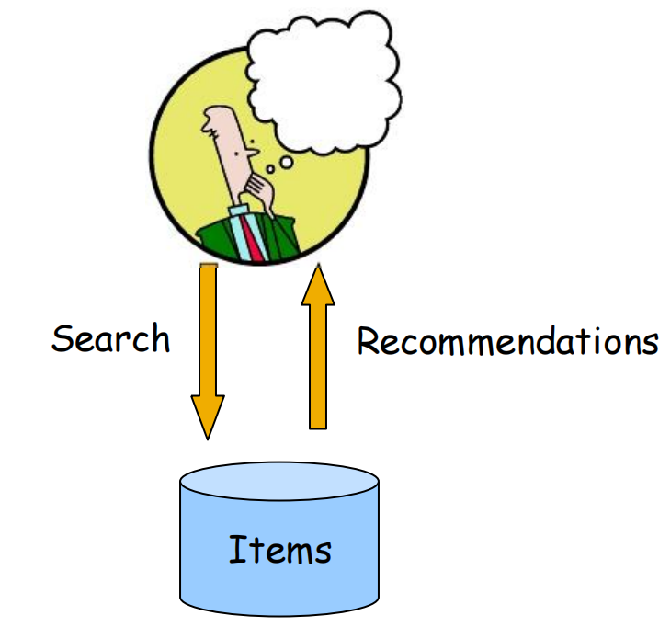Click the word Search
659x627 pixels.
point(110,339)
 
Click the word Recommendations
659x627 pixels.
point(507,342)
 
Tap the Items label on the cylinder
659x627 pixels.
point(279,550)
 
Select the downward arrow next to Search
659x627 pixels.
point(208,340)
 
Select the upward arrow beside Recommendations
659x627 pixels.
point(318,349)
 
